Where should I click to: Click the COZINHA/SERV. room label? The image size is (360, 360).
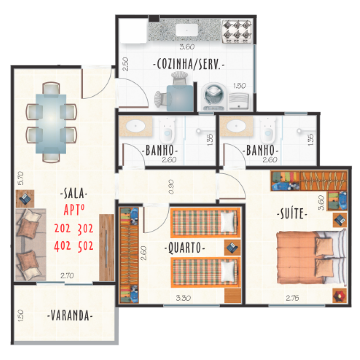pyautogui.click(x=189, y=64)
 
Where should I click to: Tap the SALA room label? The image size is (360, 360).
pyautogui.click(x=74, y=193)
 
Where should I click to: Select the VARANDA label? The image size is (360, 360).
pyautogui.click(x=70, y=315)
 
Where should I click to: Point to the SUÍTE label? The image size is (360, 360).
pyautogui.click(x=292, y=213)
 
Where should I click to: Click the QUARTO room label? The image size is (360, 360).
pyautogui.click(x=184, y=248)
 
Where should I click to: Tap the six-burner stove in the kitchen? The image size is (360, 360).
pyautogui.click(x=237, y=31)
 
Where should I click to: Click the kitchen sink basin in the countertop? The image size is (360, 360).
pyautogui.click(x=187, y=30)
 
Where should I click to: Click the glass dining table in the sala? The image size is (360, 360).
pyautogui.click(x=51, y=124)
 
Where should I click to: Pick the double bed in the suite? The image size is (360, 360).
pyautogui.click(x=311, y=257)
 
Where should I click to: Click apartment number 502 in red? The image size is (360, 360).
pyautogui.click(x=85, y=246)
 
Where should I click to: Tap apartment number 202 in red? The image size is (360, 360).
pyautogui.click(x=63, y=228)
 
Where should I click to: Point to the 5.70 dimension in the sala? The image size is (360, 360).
pyautogui.click(x=21, y=178)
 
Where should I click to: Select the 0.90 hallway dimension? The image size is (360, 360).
pyautogui.click(x=171, y=187)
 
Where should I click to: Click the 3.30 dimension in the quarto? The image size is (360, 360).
pyautogui.click(x=183, y=298)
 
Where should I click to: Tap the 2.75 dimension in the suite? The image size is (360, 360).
pyautogui.click(x=292, y=298)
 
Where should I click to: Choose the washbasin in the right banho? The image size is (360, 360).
pyautogui.click(x=236, y=126)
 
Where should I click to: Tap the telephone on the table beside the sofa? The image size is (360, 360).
pyautogui.click(x=25, y=198)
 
